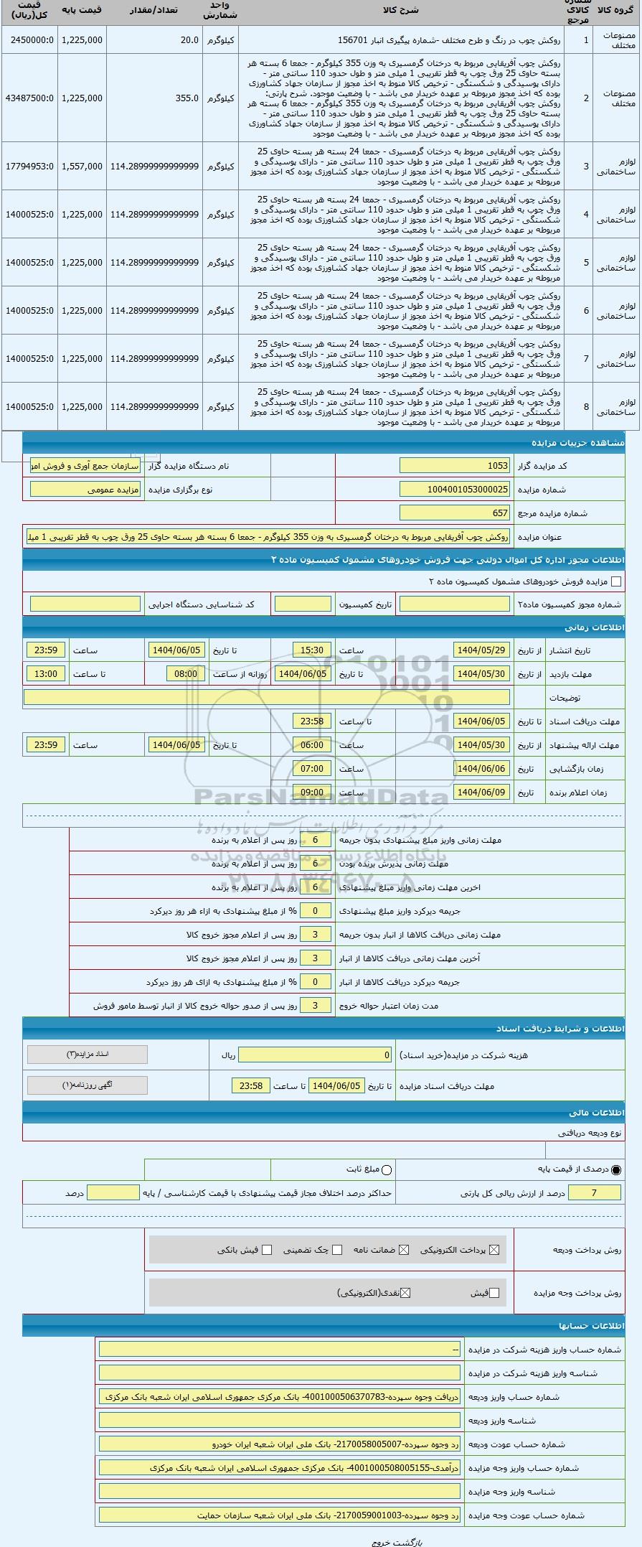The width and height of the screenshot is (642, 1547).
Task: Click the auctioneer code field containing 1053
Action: [454, 466]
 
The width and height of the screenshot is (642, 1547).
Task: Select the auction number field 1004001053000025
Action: [454, 490]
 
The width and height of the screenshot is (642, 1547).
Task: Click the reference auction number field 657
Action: [454, 513]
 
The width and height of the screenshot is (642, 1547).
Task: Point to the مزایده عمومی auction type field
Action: [85, 490]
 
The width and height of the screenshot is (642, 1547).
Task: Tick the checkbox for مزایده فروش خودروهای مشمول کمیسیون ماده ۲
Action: [615, 581]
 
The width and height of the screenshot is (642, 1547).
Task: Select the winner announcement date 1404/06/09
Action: [481, 793]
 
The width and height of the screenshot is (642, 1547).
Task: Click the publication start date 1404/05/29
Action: [481, 650]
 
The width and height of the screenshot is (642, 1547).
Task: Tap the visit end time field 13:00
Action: [46, 674]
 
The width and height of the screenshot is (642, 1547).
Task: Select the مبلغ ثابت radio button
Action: [387, 1170]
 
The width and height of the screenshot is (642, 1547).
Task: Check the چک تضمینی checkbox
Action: [337, 1250]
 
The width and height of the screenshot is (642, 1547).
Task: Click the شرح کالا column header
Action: [402, 10]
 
